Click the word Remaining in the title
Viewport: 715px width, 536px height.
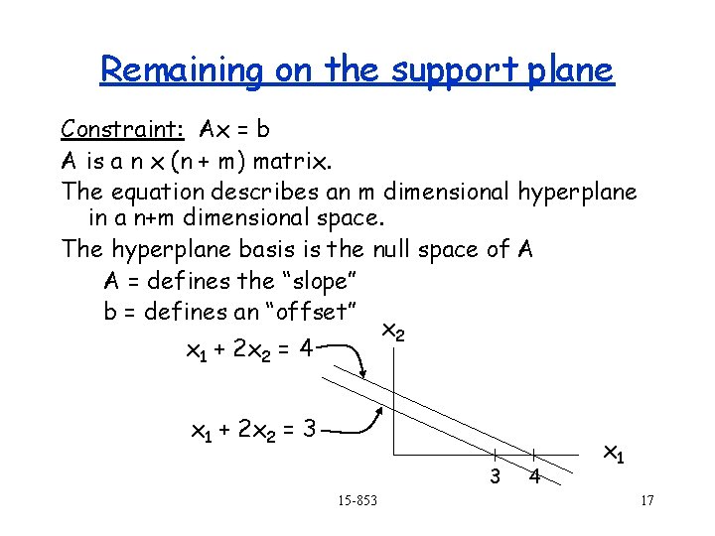pos(182,69)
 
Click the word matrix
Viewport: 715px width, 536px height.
pos(294,159)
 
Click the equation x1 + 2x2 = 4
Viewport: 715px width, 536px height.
pos(250,350)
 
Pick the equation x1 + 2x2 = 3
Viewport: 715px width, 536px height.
pos(252,431)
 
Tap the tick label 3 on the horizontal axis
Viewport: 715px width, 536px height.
pos(495,476)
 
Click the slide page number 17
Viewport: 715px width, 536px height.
pos(646,499)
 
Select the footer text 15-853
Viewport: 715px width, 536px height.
pos(357,499)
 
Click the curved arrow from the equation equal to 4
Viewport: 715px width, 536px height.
pos(349,355)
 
